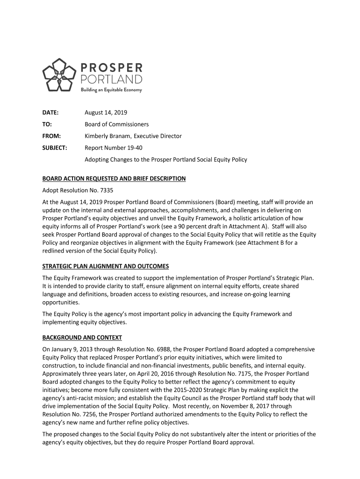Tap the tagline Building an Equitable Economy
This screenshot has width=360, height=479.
click(111, 90)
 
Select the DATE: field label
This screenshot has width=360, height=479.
click(50, 113)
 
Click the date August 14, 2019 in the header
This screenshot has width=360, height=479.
click(106, 113)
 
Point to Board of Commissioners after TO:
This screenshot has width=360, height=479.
click(116, 124)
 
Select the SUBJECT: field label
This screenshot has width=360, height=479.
click(55, 148)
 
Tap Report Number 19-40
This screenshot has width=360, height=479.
click(113, 148)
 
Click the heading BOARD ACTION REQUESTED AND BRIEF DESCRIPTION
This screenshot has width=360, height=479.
click(114, 179)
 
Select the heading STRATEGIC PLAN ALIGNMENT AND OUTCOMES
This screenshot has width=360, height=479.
click(106, 266)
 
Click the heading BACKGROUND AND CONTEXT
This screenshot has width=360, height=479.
click(82, 337)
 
